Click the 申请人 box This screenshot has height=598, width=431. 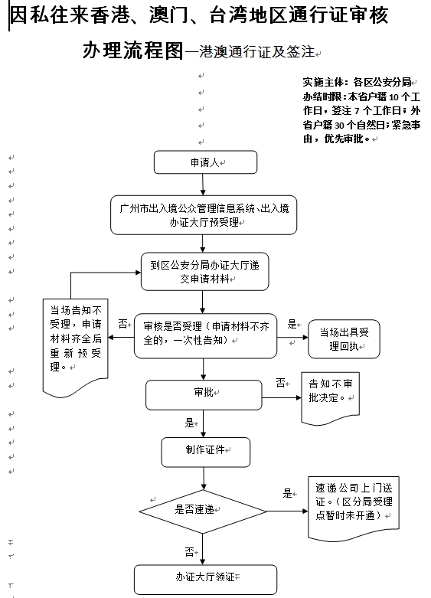205,162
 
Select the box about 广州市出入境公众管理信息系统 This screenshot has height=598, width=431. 204,215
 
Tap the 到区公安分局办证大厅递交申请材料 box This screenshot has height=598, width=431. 205,272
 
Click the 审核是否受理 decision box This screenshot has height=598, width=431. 206,336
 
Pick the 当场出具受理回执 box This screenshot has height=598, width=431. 344,339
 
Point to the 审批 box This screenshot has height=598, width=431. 204,395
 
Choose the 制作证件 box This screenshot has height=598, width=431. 206,453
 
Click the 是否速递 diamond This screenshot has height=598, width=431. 203,511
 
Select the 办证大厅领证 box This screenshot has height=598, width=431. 205,580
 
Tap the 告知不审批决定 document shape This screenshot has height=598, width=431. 330,397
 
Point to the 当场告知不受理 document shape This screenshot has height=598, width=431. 76,345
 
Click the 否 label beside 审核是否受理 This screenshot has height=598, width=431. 122,324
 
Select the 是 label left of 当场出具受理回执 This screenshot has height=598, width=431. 292,324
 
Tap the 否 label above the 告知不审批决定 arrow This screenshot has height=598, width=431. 281,383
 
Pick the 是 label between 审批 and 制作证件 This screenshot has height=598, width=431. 190,423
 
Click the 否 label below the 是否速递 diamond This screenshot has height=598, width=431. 190,551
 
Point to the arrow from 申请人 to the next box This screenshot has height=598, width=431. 203,185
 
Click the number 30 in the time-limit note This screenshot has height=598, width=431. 339,126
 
